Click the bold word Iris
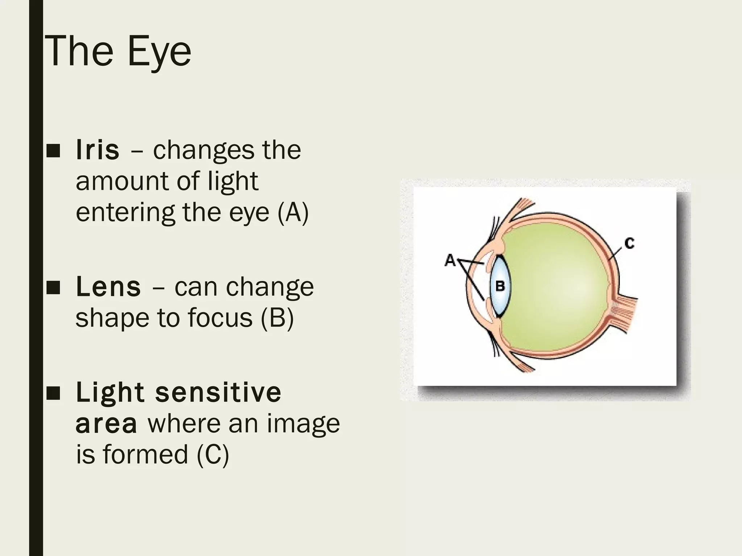tap(97, 150)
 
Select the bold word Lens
tap(108, 287)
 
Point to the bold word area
tap(106, 424)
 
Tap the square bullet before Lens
tap(53, 288)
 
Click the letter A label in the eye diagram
tap(450, 260)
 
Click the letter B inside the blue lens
tap(500, 286)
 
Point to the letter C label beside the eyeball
tap(630, 243)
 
